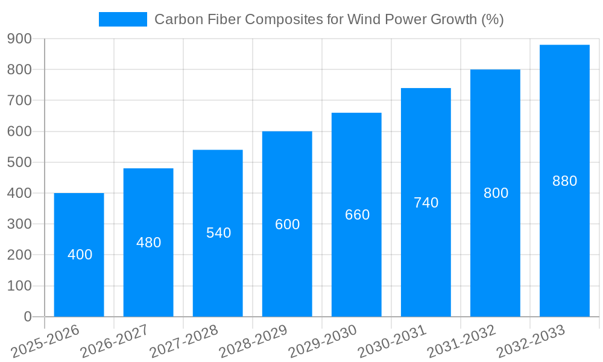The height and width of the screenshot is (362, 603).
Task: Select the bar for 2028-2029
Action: pos(287,271)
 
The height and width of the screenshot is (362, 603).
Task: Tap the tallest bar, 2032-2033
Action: pos(564,241)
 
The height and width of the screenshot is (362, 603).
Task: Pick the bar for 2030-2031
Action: pos(426,259)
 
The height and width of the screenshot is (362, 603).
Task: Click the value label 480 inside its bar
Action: pos(148,243)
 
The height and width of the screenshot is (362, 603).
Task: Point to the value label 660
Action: pos(357,215)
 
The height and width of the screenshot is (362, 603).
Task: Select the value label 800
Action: pos(496,193)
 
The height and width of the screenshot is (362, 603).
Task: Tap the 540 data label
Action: pos(218,233)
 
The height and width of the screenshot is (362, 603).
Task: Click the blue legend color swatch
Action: pos(123,19)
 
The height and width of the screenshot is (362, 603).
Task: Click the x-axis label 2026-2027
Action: pos(115,341)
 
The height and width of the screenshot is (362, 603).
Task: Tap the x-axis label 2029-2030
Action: pos(323,341)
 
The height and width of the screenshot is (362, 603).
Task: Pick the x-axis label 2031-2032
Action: pos(461,341)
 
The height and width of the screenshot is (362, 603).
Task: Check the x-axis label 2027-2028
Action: pos(184,341)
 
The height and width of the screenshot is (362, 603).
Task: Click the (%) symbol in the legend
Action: pos(493,19)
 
